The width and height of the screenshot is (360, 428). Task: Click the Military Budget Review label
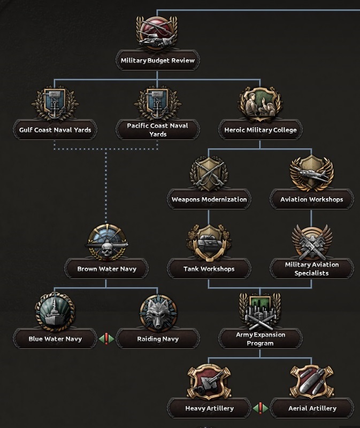[x=157, y=60]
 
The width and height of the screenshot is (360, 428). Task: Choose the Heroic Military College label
[x=260, y=130]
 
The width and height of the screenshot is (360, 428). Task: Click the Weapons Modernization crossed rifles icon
[x=209, y=173]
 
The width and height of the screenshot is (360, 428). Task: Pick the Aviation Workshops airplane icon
[x=311, y=173]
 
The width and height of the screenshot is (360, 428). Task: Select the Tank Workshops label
[x=209, y=269]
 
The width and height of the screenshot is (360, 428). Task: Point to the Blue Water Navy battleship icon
[x=55, y=313]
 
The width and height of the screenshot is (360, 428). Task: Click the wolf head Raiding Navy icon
[x=157, y=313]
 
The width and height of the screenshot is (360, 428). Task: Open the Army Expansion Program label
[x=260, y=339]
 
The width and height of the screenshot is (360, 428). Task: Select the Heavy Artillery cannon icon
[x=209, y=382]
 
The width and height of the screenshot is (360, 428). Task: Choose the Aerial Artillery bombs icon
[x=311, y=382]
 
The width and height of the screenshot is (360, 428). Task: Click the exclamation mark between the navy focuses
[x=106, y=339]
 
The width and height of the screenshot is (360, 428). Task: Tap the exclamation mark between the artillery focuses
[x=260, y=408]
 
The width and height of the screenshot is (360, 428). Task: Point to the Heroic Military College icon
[x=260, y=104]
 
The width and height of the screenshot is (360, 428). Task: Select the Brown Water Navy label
[x=106, y=269]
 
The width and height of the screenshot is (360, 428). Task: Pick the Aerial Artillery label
[x=311, y=408]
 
